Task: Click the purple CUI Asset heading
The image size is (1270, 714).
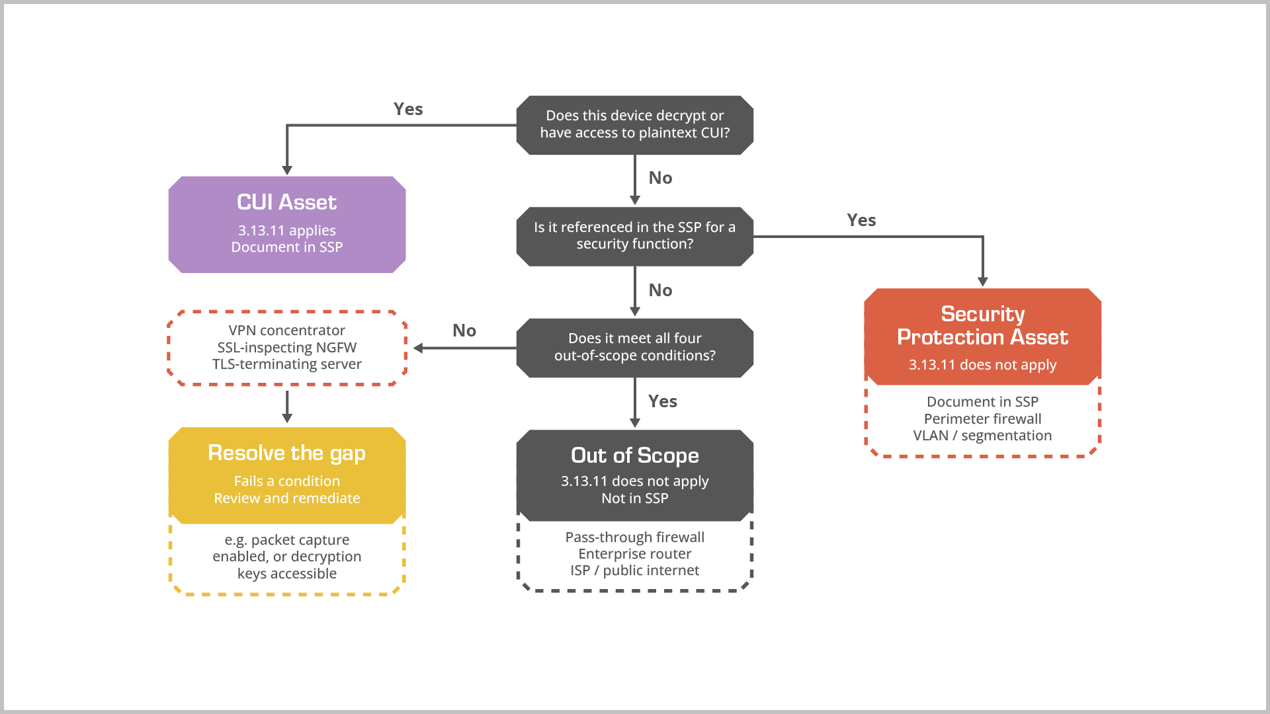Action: coord(286,202)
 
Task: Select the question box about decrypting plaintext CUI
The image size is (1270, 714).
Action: coord(634,125)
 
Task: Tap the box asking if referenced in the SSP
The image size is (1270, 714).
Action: coord(634,236)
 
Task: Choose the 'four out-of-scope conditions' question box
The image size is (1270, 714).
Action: coord(634,348)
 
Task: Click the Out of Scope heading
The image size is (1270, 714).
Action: coord(634,456)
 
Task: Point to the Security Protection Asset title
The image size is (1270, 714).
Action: coord(982,325)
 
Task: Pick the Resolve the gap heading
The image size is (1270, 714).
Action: coord(286,454)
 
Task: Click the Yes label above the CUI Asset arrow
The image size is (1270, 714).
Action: coord(408,109)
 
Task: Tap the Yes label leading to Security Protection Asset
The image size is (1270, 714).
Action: coord(861,220)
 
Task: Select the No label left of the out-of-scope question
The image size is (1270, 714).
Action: coord(464,331)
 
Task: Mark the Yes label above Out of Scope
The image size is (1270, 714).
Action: coord(663,401)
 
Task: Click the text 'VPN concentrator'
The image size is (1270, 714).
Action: coord(286,331)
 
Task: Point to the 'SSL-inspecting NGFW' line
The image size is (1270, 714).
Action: coord(286,347)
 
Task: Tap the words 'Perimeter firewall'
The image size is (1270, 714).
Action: coord(982,418)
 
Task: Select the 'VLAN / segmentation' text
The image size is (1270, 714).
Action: coord(982,436)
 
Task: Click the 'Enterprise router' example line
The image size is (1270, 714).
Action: coord(634,553)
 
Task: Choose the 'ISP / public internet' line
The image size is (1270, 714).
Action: coord(634,571)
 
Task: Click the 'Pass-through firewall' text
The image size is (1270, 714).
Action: coord(634,537)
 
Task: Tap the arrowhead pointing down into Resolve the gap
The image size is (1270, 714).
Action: coord(286,418)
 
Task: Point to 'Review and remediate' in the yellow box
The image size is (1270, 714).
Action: coord(286,498)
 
